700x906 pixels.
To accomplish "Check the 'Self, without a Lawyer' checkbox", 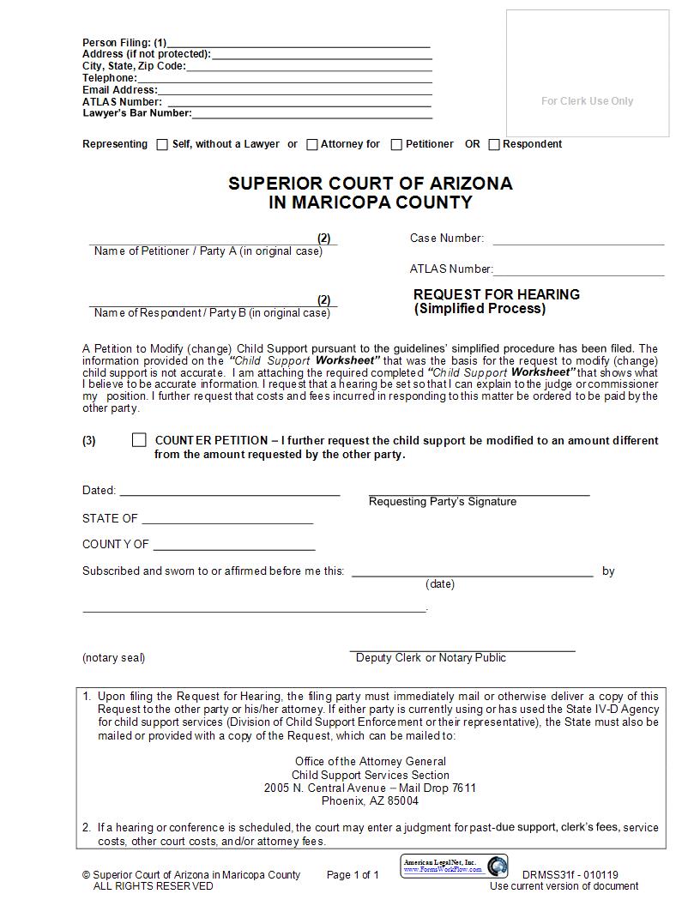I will pyautogui.click(x=162, y=145).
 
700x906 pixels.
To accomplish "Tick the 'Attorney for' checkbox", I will pyautogui.click(x=312, y=145).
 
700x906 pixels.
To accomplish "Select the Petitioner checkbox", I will pyautogui.click(x=396, y=145).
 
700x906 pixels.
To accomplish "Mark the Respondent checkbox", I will pyautogui.click(x=494, y=145).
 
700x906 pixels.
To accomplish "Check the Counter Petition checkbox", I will pyautogui.click(x=139, y=440).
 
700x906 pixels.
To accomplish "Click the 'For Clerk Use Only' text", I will pyautogui.click(x=587, y=101).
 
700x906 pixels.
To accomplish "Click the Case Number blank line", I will pyautogui.click(x=578, y=240).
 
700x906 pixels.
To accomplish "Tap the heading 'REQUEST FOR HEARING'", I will pyautogui.click(x=496, y=294).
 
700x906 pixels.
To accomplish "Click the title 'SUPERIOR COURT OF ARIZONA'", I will pyautogui.click(x=370, y=184).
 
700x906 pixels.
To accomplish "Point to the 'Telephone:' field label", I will pyautogui.click(x=110, y=78).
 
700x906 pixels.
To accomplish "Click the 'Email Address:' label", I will pyautogui.click(x=120, y=90).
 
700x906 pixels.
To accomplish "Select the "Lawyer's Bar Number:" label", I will pyautogui.click(x=137, y=113).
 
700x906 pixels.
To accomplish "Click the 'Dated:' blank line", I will pyautogui.click(x=230, y=492).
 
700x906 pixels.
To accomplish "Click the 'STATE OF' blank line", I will pyautogui.click(x=227, y=520).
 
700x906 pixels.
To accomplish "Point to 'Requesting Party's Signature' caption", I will pyautogui.click(x=442, y=502).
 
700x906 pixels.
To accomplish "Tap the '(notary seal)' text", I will pyautogui.click(x=113, y=658).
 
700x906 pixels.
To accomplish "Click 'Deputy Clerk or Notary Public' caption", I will pyautogui.click(x=431, y=658).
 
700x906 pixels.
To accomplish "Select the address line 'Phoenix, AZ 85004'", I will pyautogui.click(x=370, y=801).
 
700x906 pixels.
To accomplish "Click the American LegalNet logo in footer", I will pyautogui.click(x=454, y=866).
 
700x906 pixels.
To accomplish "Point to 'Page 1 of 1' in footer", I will pyautogui.click(x=352, y=875).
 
